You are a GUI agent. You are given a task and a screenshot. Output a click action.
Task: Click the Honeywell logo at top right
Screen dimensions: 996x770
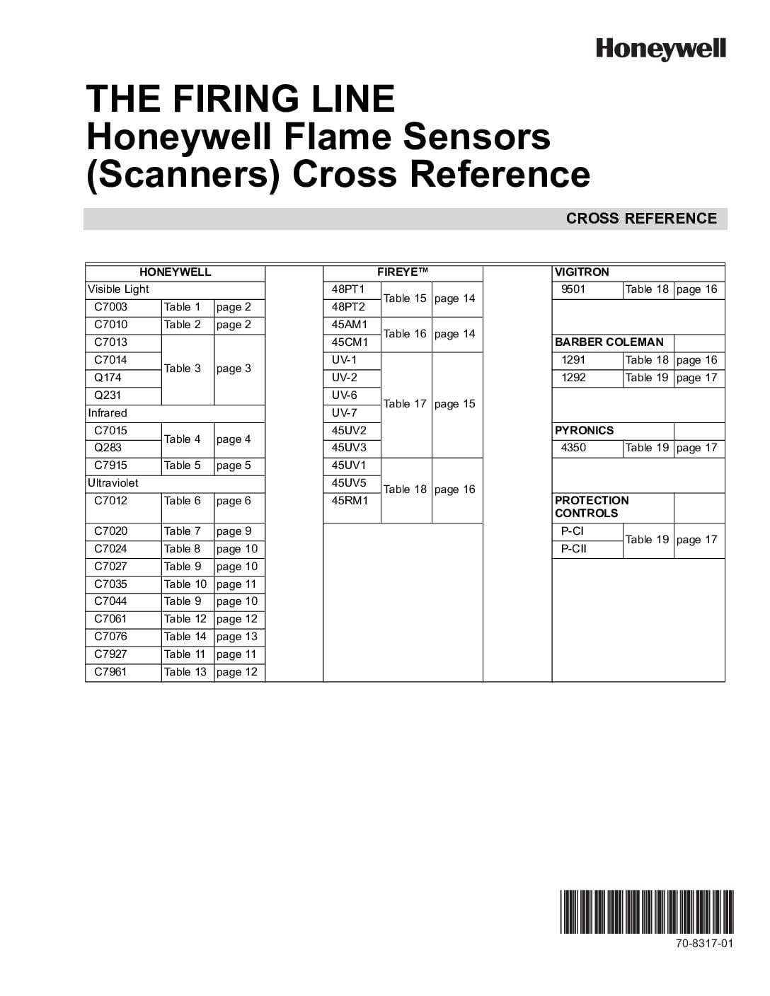(660, 49)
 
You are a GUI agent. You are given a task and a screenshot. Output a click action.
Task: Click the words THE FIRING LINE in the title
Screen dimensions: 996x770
(240, 98)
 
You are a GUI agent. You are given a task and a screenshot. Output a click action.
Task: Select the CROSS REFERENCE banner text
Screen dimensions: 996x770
(641, 219)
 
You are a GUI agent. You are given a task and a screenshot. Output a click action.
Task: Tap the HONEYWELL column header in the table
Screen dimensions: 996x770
(175, 272)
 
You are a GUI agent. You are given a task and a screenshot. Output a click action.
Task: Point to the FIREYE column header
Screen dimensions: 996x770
(403, 272)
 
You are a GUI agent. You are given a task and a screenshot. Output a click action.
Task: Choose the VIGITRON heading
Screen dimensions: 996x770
(582, 272)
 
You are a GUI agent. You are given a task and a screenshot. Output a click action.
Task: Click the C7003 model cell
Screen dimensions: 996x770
(111, 307)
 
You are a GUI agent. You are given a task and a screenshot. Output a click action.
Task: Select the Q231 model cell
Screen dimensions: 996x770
(108, 395)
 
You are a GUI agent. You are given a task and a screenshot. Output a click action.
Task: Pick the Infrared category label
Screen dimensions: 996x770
(108, 413)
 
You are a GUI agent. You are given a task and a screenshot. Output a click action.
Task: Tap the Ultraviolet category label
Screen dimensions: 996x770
(113, 483)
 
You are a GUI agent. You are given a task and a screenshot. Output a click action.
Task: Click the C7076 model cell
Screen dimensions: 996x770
(111, 637)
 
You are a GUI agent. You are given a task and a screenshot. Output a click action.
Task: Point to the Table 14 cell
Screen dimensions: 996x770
(185, 637)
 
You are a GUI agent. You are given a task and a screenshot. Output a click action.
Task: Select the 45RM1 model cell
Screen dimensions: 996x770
(350, 501)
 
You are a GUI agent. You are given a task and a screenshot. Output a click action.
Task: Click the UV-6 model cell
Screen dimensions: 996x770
(345, 395)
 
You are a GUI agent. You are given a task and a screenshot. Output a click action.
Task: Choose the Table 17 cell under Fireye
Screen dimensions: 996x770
(405, 404)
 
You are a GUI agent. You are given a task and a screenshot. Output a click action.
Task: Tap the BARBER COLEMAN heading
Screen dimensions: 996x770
(609, 342)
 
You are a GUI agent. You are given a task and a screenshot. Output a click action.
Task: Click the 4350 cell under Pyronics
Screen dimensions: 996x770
(573, 448)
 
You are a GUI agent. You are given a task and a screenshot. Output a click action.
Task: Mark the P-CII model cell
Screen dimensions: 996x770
(573, 549)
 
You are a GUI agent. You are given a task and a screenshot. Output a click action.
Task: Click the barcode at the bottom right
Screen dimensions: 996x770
(647, 912)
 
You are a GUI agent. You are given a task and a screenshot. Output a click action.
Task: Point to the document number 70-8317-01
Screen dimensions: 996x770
(704, 944)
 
